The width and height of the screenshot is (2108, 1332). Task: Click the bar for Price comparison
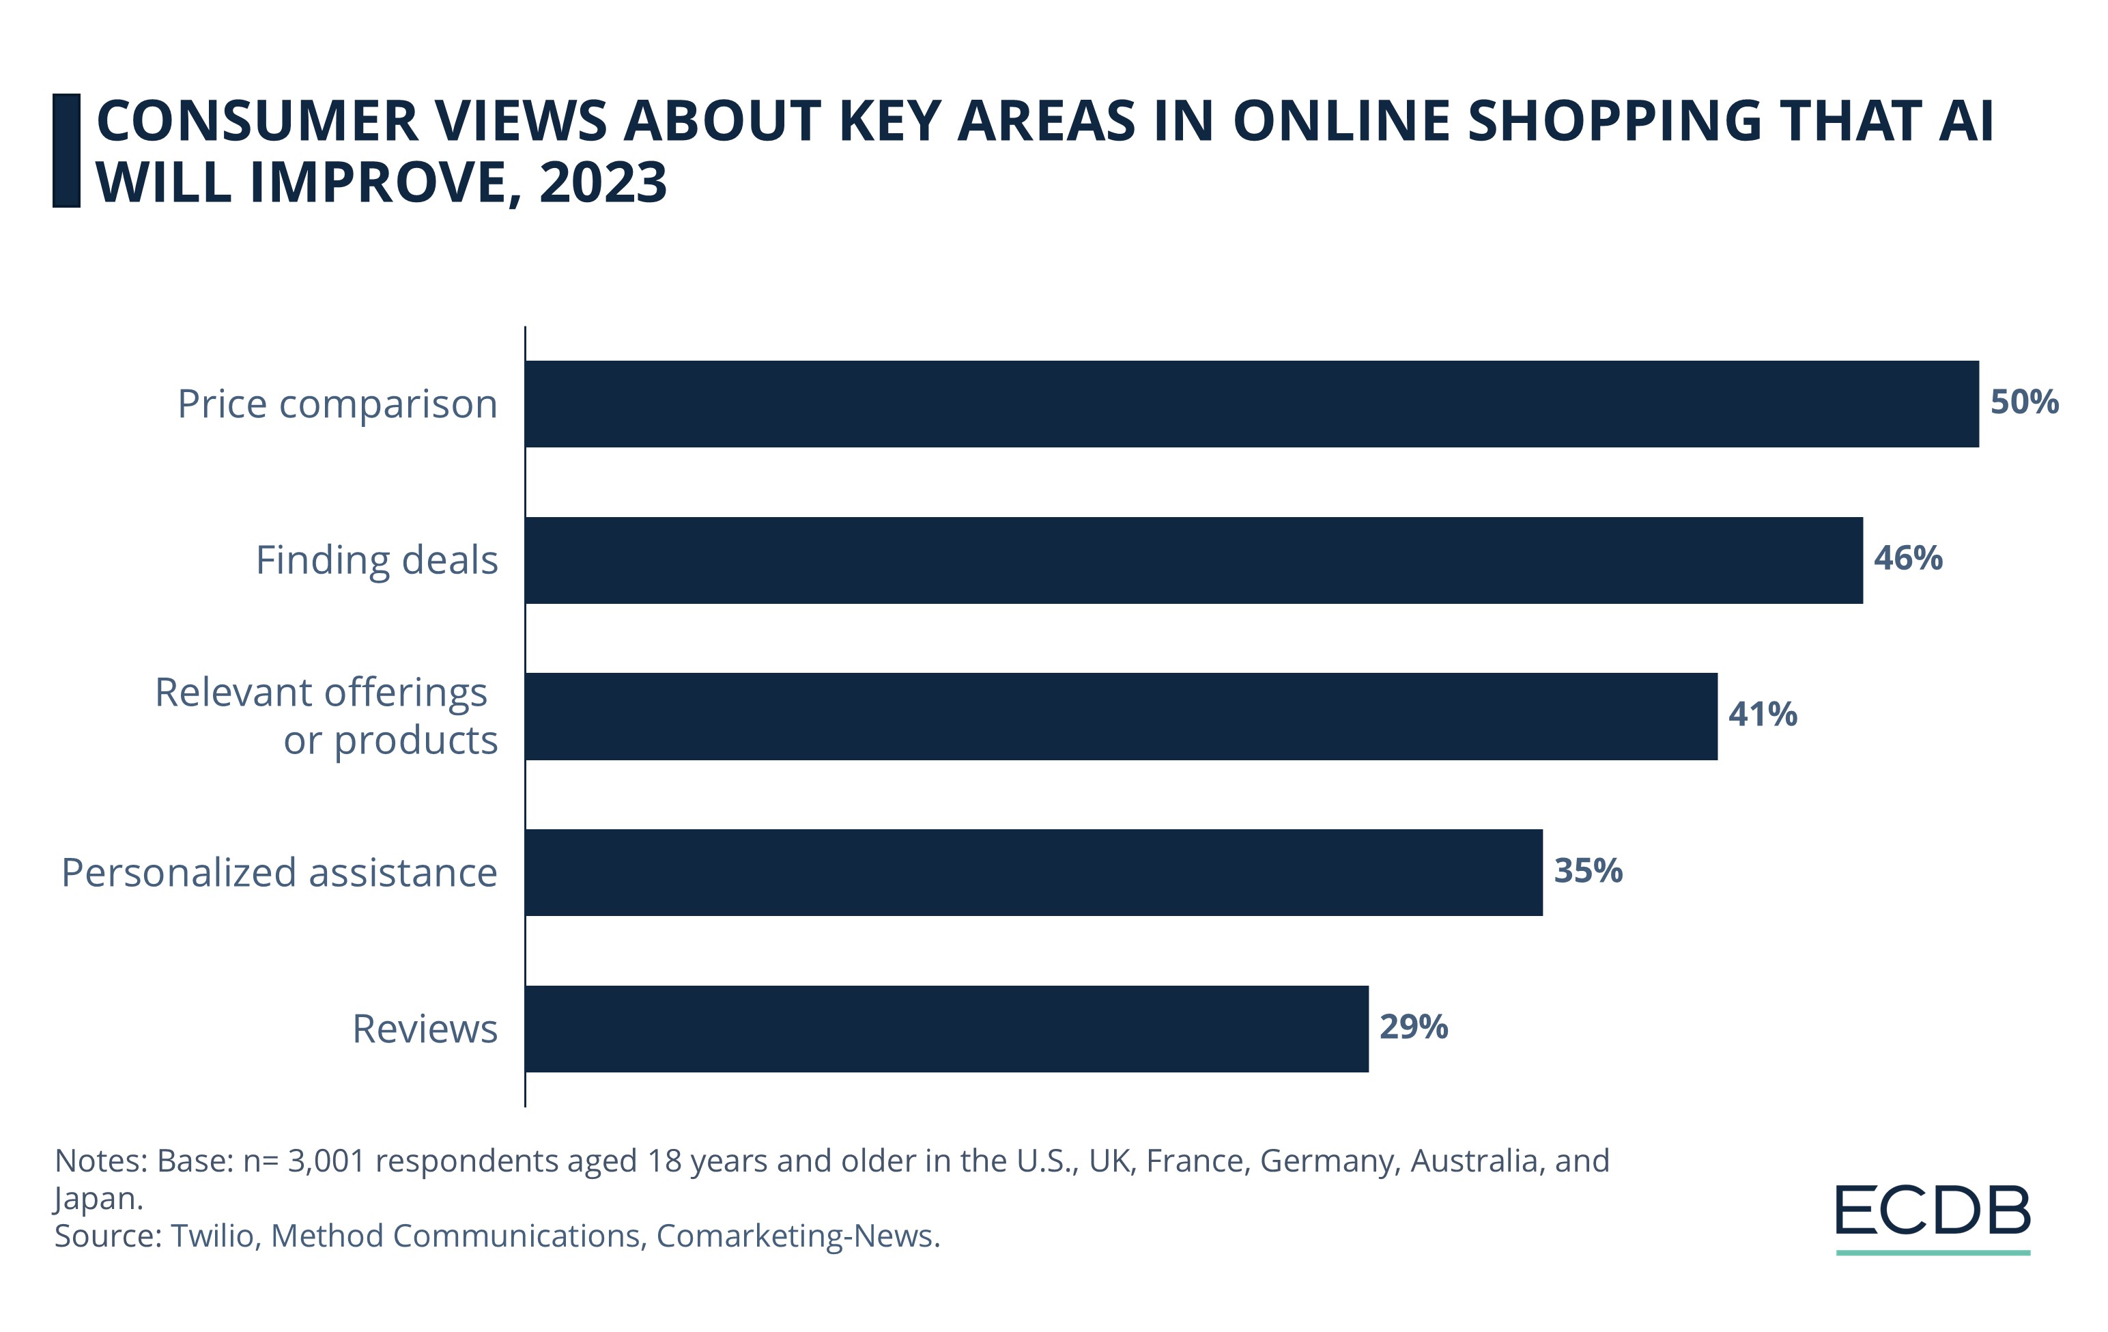(1252, 404)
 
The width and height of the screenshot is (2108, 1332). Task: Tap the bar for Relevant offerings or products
(1122, 717)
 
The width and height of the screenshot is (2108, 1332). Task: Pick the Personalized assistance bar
(1034, 872)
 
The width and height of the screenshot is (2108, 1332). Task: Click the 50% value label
(2024, 402)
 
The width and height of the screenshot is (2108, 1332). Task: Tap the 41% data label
(1762, 714)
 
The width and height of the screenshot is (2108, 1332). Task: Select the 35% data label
(1588, 870)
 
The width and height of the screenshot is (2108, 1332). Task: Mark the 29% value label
(1414, 1027)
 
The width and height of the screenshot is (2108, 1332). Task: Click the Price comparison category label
(337, 404)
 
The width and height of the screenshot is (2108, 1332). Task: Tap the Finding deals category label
(376, 561)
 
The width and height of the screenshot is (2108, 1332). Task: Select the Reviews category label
(425, 1029)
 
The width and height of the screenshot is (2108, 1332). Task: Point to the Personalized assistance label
(279, 873)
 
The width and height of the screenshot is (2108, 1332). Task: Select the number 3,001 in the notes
(326, 1161)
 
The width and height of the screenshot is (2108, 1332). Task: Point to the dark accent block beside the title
(66, 151)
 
